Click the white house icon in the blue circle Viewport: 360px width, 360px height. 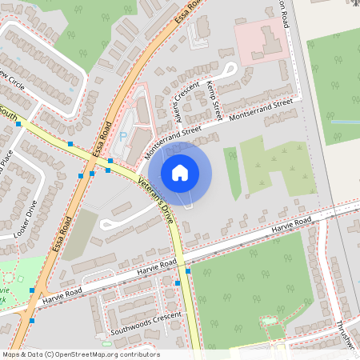coord(180,172)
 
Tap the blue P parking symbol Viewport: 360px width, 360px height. coord(122,136)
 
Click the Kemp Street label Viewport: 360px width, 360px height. coord(211,95)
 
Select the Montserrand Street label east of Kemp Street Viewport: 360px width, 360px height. coord(262,110)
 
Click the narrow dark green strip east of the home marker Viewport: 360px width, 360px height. coord(233,172)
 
